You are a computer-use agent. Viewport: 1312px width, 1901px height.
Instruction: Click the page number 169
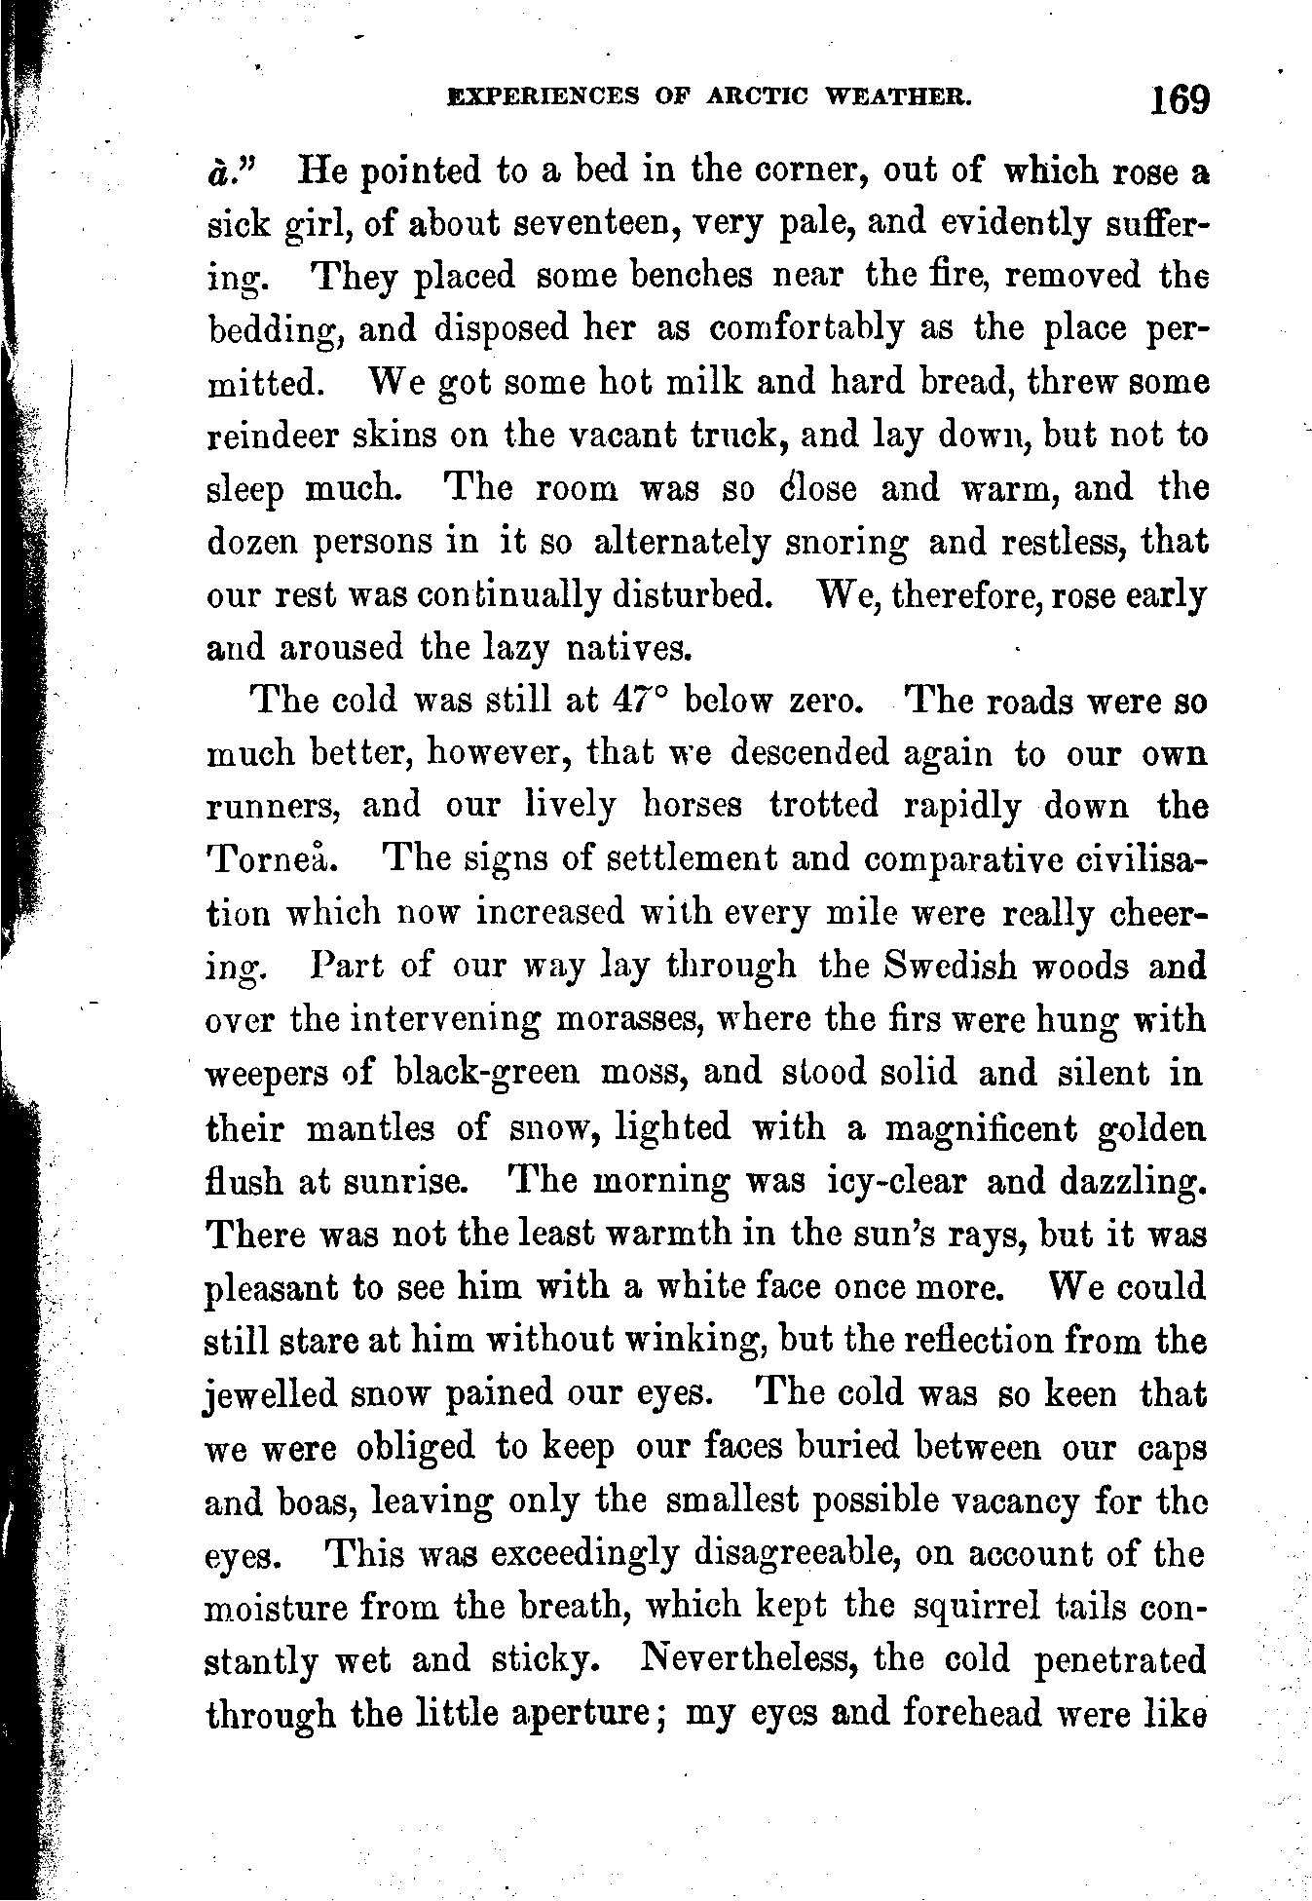[x=1178, y=99]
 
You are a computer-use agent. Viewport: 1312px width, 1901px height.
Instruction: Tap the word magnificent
[x=978, y=1128]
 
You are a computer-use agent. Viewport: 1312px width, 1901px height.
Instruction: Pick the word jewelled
[x=268, y=1394]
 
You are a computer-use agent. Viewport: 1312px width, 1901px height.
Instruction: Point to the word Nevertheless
[x=748, y=1657]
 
